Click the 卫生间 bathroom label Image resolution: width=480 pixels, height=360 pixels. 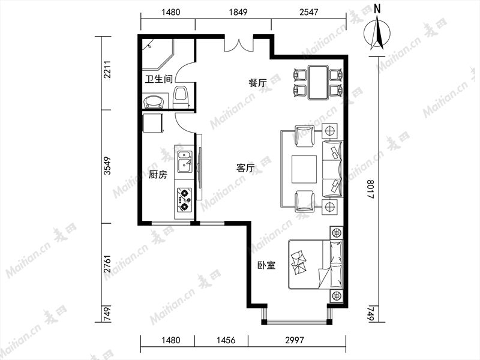(159, 79)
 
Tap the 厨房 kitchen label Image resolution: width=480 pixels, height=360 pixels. (158, 175)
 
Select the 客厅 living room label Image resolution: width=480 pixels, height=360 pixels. (246, 168)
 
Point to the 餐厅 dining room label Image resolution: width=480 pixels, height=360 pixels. (258, 83)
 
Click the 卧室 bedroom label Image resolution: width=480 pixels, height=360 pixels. (266, 265)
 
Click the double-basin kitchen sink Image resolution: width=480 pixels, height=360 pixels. (185, 161)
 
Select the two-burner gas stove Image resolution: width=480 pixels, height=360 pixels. (184, 200)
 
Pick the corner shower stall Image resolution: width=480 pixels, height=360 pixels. (158, 55)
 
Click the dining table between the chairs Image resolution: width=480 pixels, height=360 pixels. (318, 82)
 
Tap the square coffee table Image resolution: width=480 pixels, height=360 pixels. (304, 169)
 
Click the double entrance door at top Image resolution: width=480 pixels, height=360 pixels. (239, 44)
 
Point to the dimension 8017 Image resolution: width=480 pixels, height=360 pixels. (370, 189)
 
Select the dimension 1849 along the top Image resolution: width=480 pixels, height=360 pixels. (238, 12)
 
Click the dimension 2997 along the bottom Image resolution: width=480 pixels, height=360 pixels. (295, 340)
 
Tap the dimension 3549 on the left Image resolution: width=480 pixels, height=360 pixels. (107, 166)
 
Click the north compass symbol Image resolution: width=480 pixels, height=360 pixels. (377, 31)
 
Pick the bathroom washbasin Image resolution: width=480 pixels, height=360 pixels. (154, 101)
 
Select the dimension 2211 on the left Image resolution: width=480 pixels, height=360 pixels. (107, 70)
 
